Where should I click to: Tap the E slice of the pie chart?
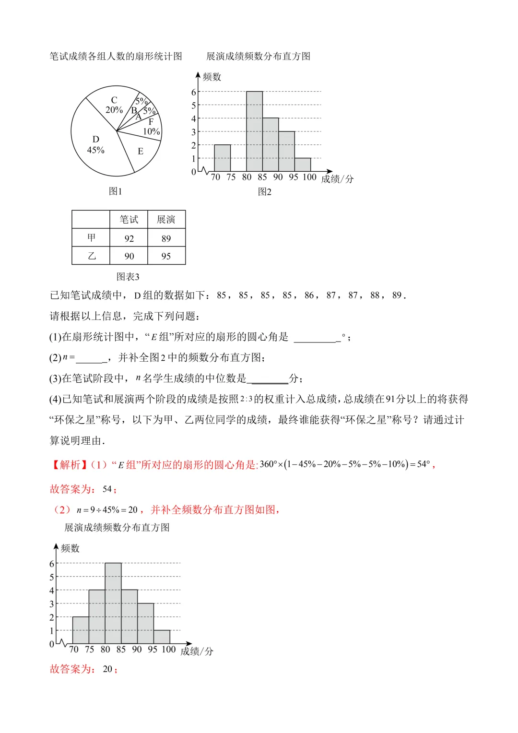point(140,151)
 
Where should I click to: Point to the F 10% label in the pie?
point(151,127)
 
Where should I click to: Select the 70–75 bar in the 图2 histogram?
point(222,158)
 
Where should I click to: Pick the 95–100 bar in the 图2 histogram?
point(303,165)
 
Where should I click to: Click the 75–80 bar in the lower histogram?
point(97,616)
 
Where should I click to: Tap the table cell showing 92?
point(129,238)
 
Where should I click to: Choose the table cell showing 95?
point(166,256)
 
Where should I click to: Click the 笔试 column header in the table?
point(129,220)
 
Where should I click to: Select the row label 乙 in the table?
point(91,256)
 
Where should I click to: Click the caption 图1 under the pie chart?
point(115,191)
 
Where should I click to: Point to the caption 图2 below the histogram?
point(264,192)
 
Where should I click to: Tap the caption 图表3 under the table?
point(128,277)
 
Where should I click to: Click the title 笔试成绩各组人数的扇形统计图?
point(116,56)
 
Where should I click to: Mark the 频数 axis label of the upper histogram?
point(212,77)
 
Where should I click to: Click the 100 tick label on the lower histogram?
point(168,650)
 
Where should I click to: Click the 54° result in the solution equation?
point(424,464)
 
